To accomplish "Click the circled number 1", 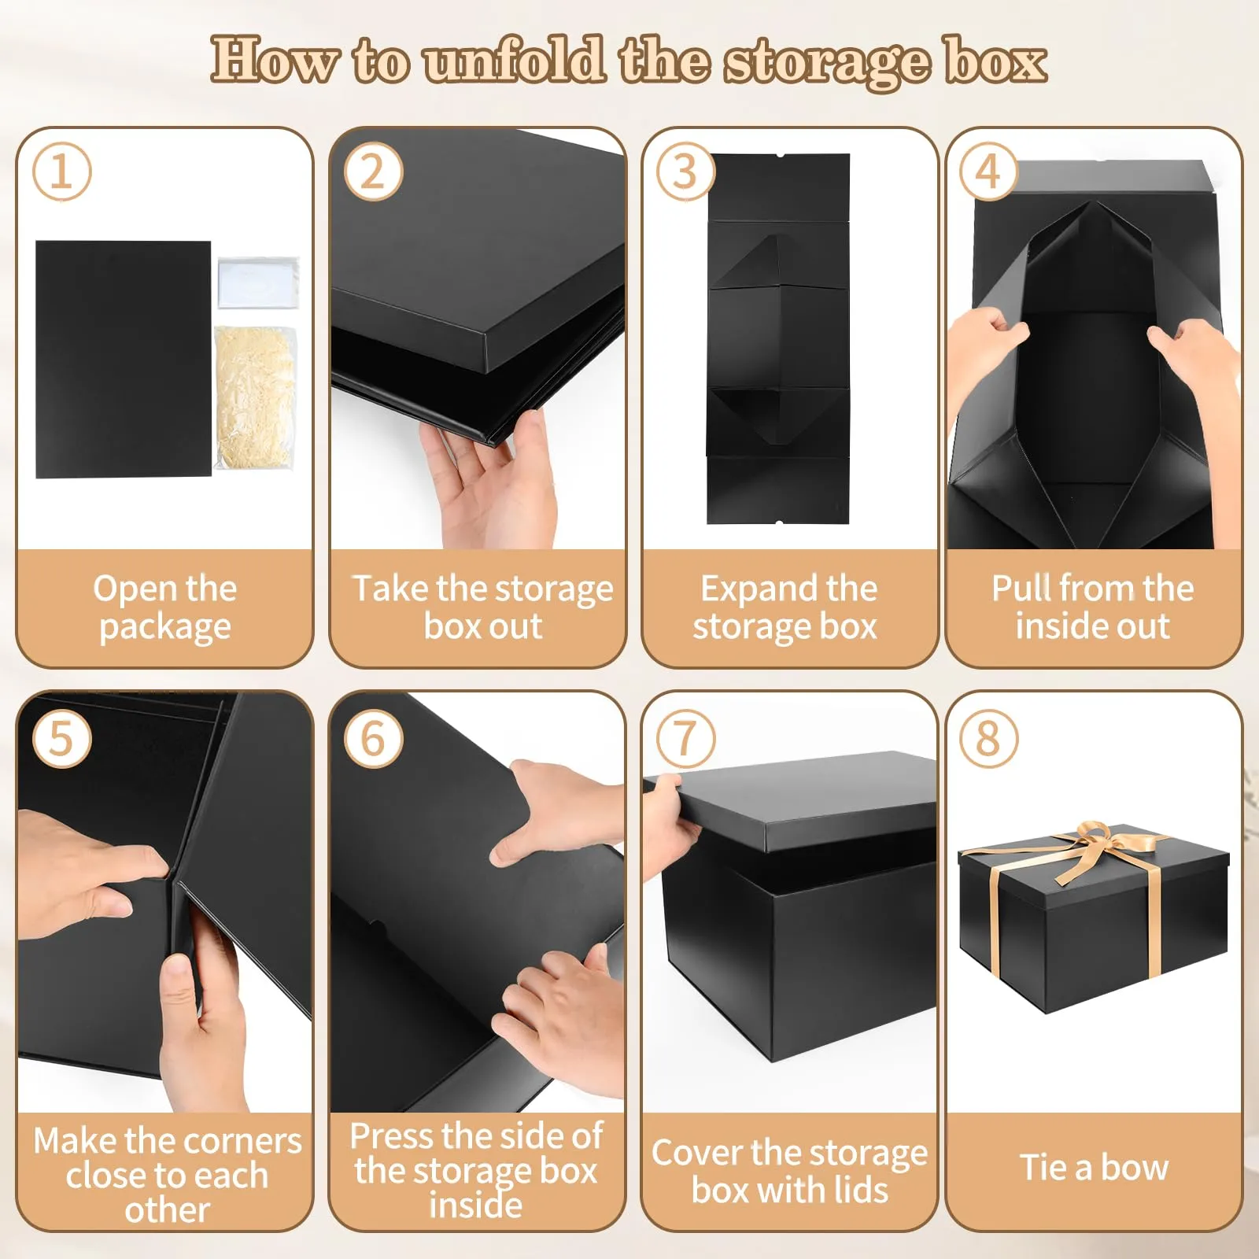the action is point(61,172).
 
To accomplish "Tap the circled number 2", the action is point(373,172).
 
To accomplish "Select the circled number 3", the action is point(685,172).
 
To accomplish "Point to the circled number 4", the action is point(988,172).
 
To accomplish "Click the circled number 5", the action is point(61,739).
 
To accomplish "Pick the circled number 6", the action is point(373,739).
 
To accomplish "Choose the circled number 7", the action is point(685,739).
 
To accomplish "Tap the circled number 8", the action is point(988,739).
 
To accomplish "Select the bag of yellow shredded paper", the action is point(255,397).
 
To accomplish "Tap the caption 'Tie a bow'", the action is point(1095,1168).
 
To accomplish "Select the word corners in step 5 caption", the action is point(244,1141).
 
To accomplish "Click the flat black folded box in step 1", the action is point(124,359).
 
